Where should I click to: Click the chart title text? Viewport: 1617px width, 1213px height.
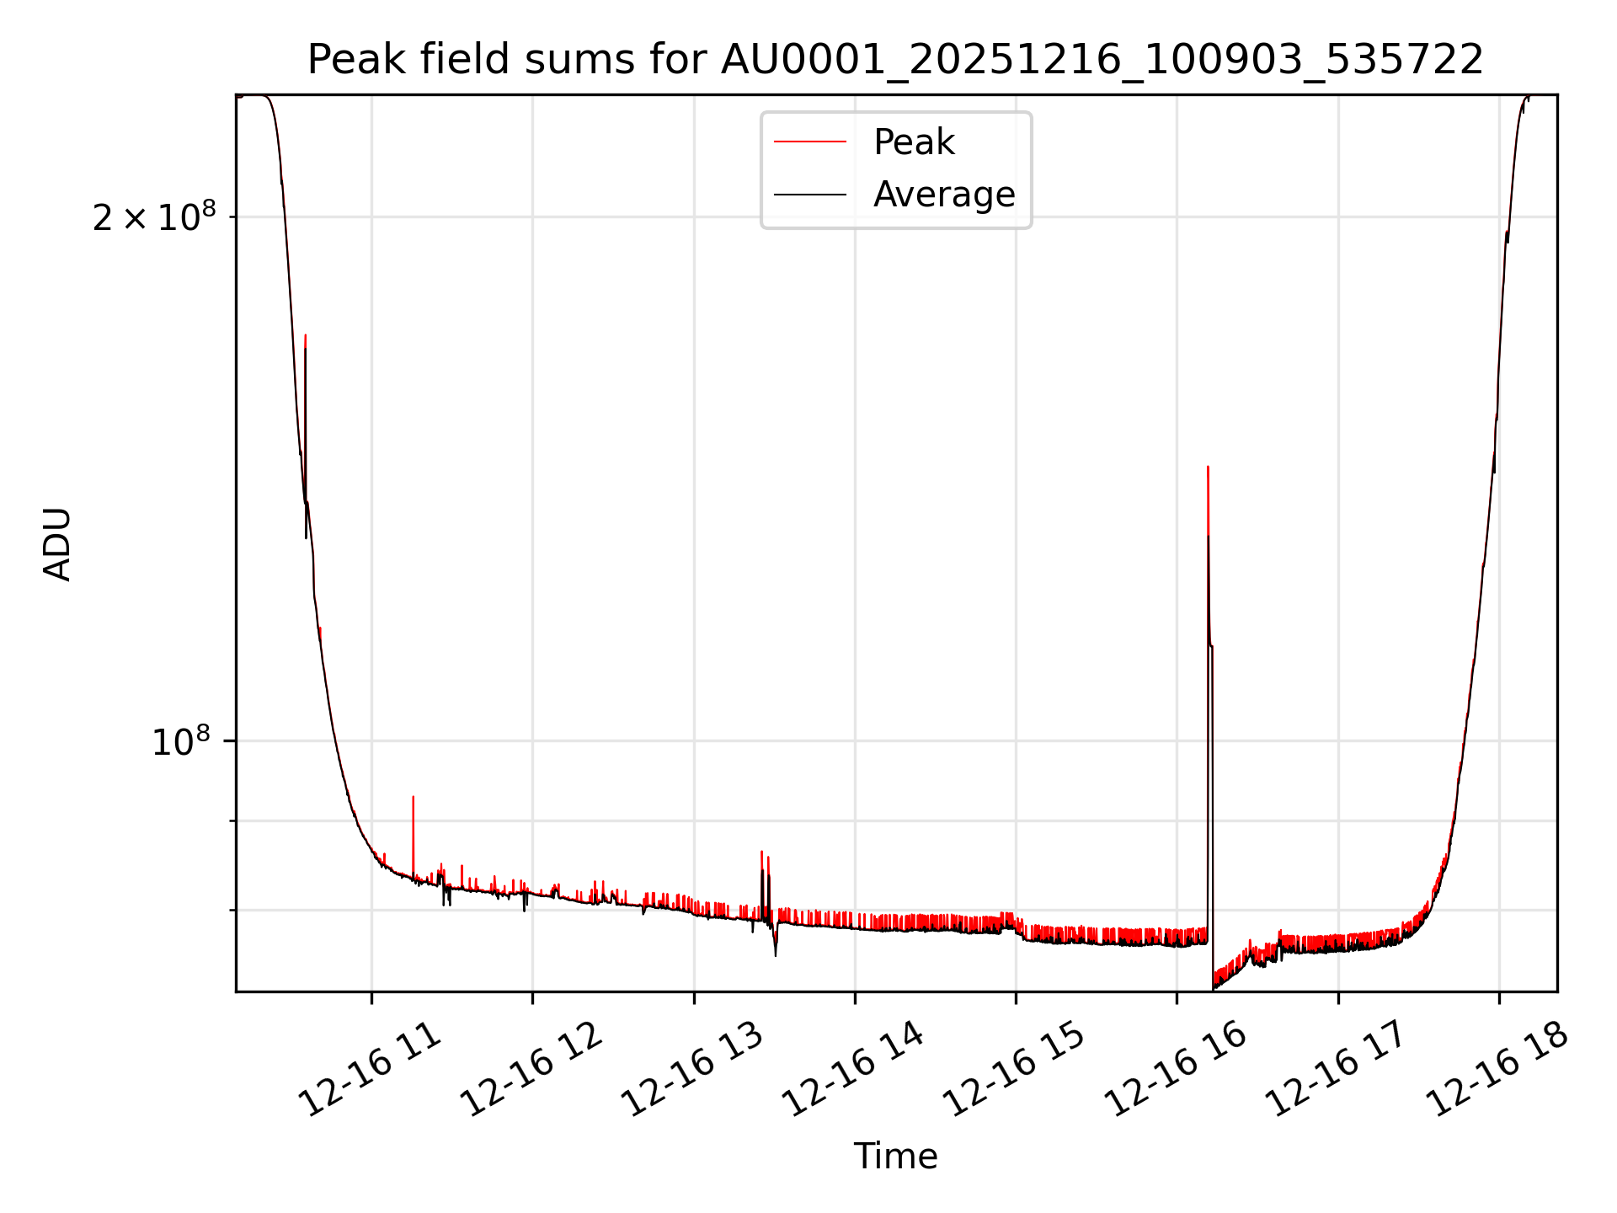coord(895,61)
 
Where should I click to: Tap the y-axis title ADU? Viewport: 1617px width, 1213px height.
coord(57,544)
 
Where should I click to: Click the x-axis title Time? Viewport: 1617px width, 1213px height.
coord(895,1156)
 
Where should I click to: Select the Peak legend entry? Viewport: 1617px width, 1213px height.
coord(914,142)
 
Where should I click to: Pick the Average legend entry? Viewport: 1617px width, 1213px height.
coord(943,195)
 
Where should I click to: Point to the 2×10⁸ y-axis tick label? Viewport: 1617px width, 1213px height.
coord(154,217)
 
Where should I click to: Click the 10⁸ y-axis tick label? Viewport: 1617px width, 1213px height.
coord(180,741)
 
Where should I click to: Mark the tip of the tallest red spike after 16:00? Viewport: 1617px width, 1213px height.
coord(1208,467)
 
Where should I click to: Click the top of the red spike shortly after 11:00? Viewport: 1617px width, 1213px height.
coord(413,797)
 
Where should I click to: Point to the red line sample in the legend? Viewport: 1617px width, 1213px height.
coord(810,142)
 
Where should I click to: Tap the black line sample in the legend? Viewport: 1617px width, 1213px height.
coord(810,195)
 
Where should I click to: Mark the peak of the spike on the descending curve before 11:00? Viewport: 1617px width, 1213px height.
coord(305,335)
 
